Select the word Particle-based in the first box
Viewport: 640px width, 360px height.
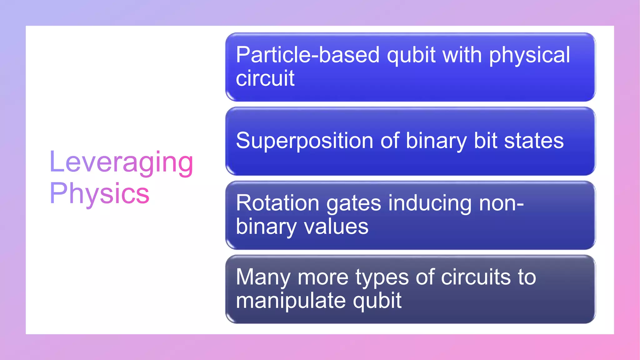tap(307, 55)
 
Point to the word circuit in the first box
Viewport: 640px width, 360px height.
tap(265, 78)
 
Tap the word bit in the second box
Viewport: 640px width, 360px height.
tap(485, 141)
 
